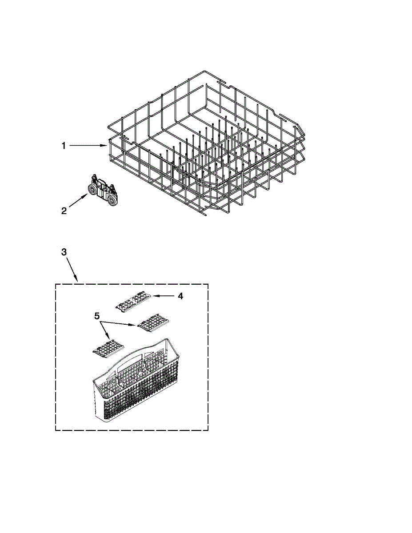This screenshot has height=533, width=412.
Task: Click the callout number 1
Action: tap(64, 146)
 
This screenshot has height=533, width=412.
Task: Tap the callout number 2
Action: tap(64, 211)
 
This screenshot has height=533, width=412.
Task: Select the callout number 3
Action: tap(64, 252)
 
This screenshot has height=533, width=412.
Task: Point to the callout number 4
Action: tap(180, 296)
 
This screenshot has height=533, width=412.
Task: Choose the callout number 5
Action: tap(97, 316)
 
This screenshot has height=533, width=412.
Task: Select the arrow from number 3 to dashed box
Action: tap(72, 270)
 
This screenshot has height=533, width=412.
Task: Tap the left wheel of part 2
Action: tap(92, 190)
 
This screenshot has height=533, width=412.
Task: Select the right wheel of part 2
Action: tap(114, 200)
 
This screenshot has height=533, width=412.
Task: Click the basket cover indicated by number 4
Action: tap(133, 302)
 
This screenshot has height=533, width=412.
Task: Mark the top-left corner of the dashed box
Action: tap(56, 283)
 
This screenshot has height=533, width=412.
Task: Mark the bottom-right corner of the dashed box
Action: tap(208, 430)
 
